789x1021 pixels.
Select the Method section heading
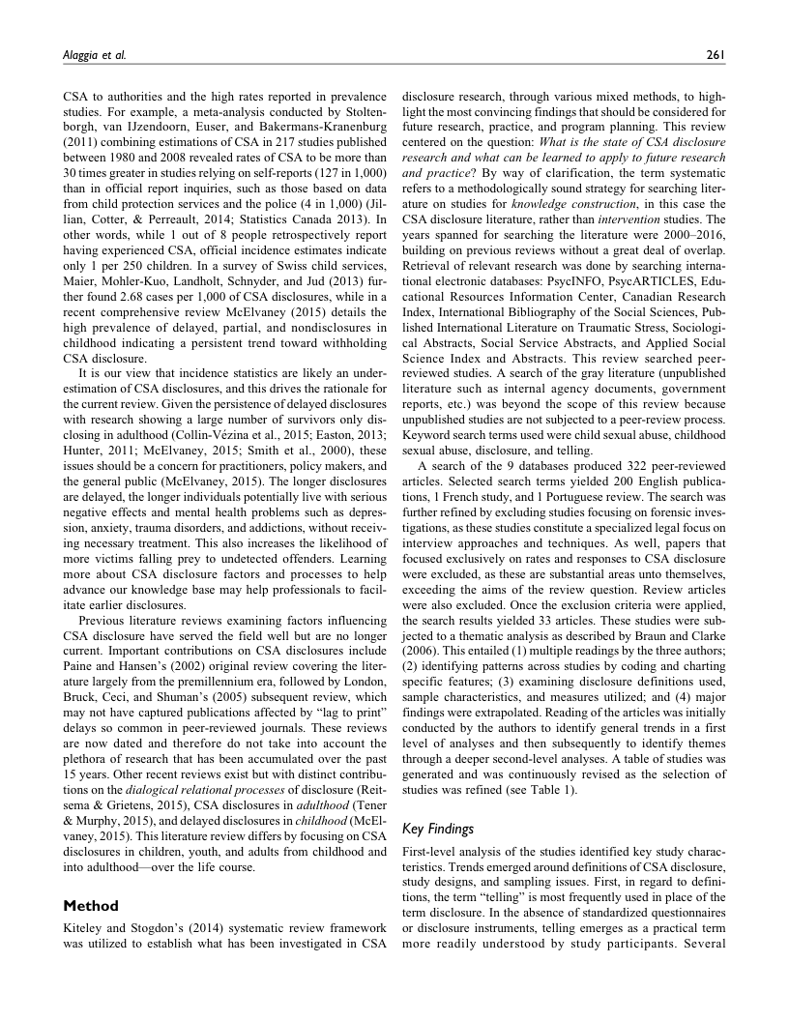tap(90, 906)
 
